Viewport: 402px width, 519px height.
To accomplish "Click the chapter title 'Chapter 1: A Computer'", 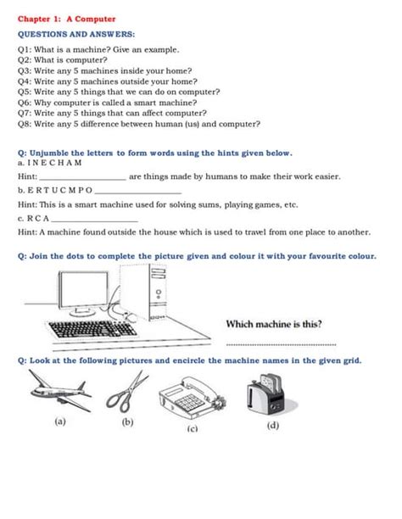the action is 67,18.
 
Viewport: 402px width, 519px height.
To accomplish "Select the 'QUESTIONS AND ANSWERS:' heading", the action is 76,34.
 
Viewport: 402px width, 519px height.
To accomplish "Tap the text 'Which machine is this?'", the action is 274,324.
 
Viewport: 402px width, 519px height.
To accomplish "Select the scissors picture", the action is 129,393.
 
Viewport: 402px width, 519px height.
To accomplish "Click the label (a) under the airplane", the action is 60,421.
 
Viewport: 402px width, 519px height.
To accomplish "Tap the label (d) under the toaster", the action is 273,425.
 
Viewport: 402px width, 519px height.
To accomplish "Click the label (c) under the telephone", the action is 193,429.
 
